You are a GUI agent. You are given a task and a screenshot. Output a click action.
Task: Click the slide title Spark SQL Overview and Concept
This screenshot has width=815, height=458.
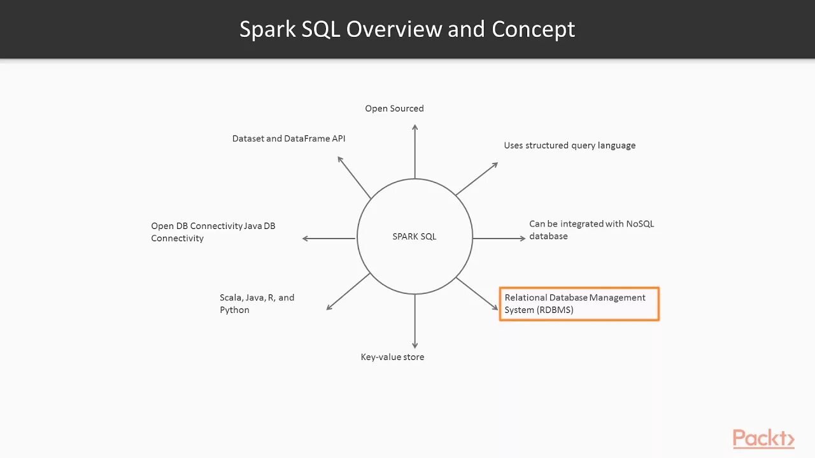tap(407, 29)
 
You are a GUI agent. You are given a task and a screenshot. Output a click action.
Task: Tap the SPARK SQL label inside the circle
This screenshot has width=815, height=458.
tap(415, 237)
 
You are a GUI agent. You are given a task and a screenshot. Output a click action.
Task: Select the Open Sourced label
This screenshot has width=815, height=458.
tap(394, 109)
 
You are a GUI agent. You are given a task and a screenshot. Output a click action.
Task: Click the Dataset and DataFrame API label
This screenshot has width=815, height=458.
tap(288, 139)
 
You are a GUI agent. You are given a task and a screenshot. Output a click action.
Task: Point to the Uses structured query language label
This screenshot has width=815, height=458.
tap(569, 146)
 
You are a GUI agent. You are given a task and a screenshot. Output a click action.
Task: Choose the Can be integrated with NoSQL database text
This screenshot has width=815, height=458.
tap(591, 230)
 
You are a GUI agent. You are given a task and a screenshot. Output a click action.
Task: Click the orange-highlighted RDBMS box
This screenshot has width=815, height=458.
tap(579, 304)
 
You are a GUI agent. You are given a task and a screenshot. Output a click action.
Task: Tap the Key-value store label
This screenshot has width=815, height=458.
tap(392, 357)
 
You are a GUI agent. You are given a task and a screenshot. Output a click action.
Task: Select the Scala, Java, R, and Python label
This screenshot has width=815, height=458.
tap(257, 304)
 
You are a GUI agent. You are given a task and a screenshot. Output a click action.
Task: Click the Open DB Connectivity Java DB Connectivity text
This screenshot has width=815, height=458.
tap(213, 232)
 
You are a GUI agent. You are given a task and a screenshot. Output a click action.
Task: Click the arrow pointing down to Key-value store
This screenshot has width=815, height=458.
tap(415, 321)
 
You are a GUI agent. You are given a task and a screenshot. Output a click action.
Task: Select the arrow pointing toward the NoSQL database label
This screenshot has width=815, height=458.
tap(499, 239)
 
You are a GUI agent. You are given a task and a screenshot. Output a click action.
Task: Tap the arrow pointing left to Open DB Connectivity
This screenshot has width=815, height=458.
tap(329, 239)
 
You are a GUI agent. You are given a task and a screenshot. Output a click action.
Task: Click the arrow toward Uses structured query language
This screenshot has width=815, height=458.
tap(476, 179)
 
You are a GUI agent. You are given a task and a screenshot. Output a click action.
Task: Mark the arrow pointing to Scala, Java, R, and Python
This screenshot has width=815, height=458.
tap(348, 291)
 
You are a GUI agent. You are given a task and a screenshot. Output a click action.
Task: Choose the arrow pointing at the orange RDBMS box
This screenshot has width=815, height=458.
tap(477, 293)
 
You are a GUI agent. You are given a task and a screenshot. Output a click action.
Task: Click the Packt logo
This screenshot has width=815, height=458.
tap(763, 438)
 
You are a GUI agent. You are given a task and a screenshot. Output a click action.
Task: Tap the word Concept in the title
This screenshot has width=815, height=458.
tap(533, 29)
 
